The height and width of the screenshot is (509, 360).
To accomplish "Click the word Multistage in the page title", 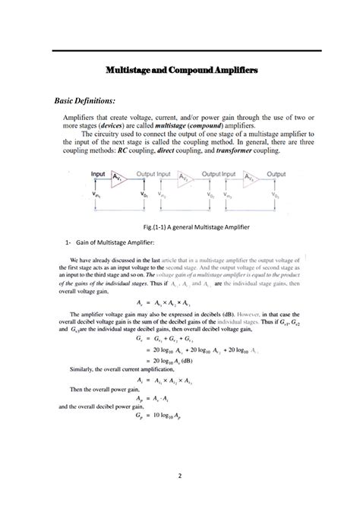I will click(x=131, y=70).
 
